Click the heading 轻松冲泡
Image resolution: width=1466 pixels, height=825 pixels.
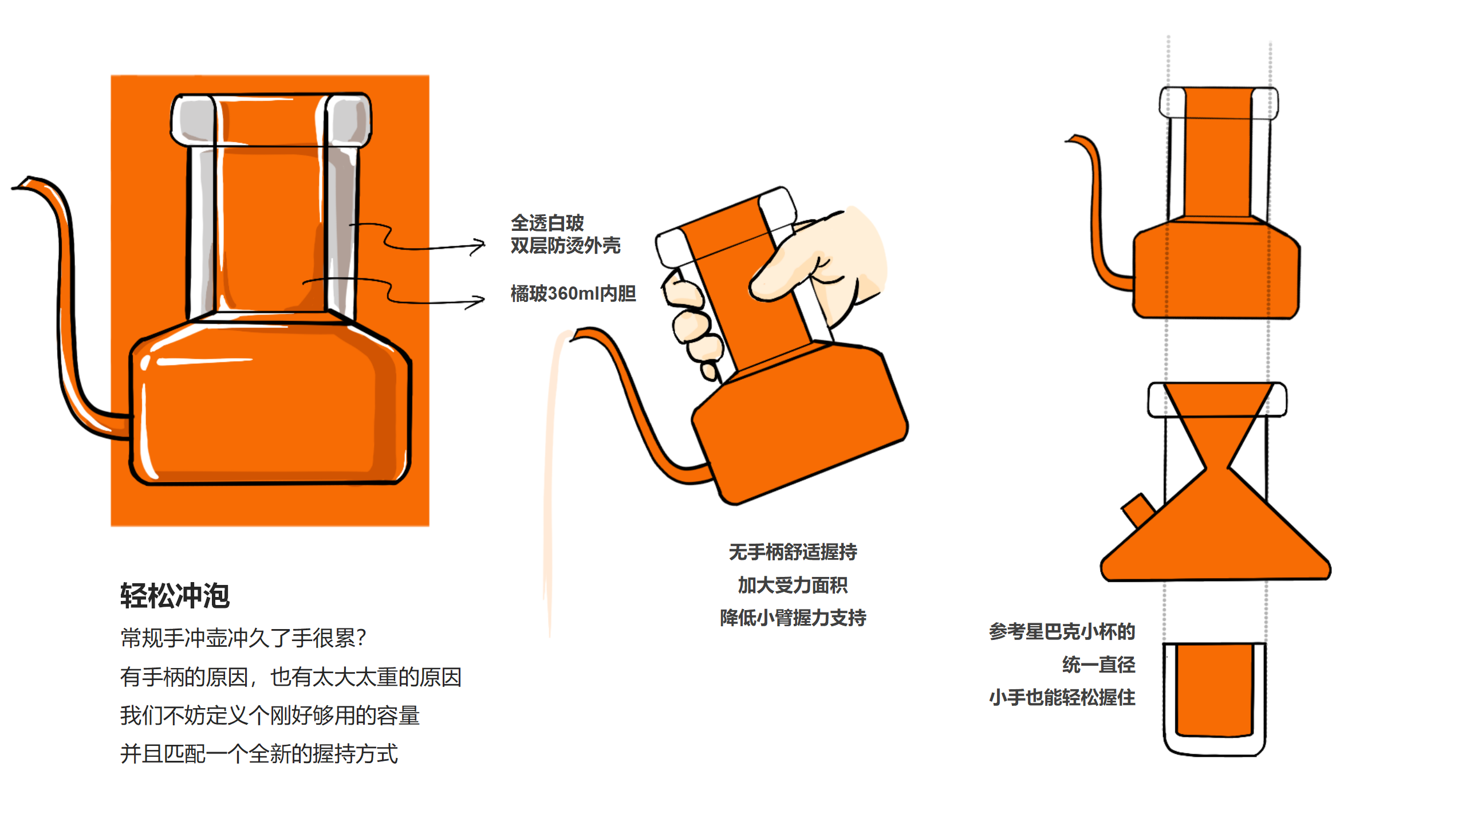[x=175, y=596]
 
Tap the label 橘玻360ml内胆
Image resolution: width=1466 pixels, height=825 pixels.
[x=573, y=293]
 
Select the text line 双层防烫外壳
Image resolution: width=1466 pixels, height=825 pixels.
[x=565, y=246]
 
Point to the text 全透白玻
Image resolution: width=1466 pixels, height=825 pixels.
[x=547, y=222]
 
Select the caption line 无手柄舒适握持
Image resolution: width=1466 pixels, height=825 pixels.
[x=793, y=552]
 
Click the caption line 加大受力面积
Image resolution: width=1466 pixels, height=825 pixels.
[x=793, y=585]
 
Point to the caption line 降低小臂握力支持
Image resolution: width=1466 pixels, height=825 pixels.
[x=793, y=618]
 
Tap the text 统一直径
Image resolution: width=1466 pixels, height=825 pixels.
[x=1098, y=665]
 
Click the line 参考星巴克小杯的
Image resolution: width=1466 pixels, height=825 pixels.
[x=1062, y=631]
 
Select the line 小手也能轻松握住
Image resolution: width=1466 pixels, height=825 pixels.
[x=1062, y=697]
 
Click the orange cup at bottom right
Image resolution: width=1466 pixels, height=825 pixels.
[x=1214, y=690]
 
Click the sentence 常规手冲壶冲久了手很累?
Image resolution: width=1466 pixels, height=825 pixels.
[x=243, y=638]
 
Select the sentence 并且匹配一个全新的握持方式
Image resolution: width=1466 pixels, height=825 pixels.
[x=259, y=753]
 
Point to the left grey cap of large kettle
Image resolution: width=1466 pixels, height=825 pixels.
[x=194, y=120]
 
